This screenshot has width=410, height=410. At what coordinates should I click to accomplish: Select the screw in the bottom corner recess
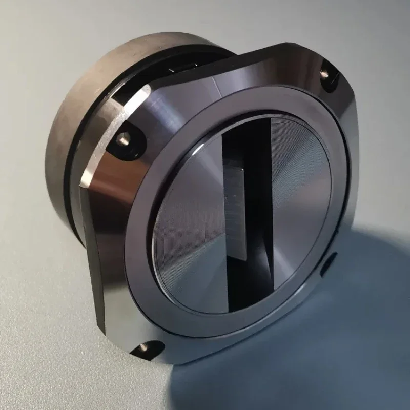pyautogui.click(x=143, y=348)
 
